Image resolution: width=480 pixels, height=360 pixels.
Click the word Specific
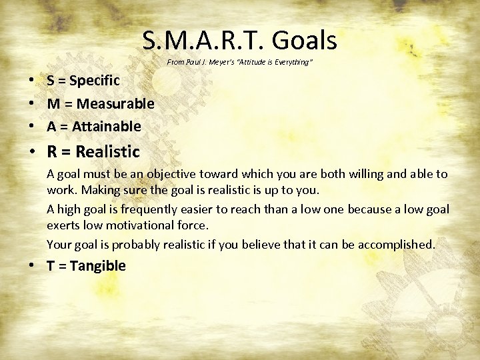[95, 81]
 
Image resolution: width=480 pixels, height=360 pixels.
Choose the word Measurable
[115, 103]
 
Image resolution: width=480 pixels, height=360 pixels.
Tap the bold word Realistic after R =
[108, 151]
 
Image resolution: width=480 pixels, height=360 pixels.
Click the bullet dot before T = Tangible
[32, 266]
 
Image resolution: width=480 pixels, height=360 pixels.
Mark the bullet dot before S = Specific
[32, 81]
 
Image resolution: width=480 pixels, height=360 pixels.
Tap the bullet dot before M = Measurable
[32, 104]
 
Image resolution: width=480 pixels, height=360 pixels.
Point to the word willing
[367, 174]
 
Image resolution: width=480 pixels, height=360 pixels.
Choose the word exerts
[63, 227]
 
